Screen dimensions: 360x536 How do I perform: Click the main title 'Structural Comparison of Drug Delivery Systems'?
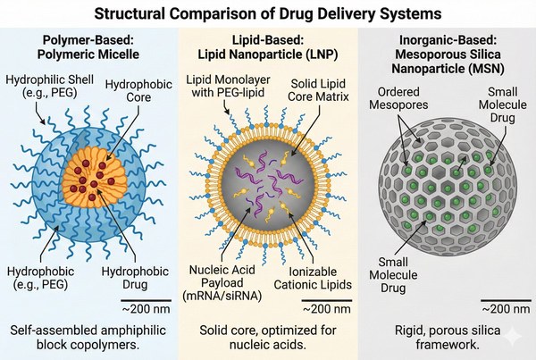point(268,14)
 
